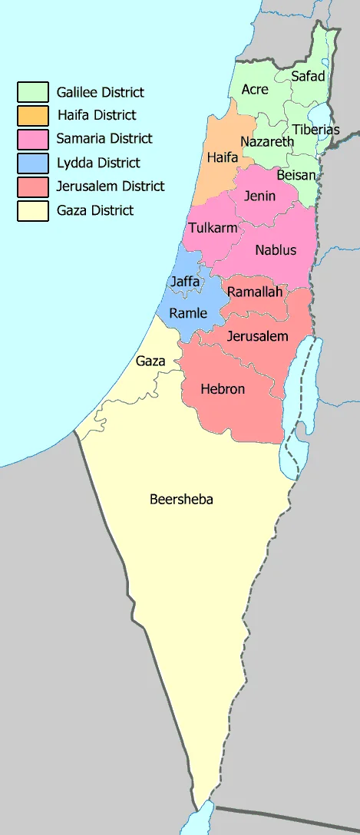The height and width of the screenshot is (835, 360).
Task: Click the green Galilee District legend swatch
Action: [x=33, y=92]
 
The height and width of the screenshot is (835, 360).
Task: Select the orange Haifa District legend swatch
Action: [x=33, y=116]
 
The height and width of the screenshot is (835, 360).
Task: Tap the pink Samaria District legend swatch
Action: [x=33, y=140]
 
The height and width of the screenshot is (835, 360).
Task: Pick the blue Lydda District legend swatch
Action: [x=33, y=163]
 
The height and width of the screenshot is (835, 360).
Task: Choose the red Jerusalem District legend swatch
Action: [x=33, y=186]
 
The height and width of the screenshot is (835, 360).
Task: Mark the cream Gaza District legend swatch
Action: [x=33, y=210]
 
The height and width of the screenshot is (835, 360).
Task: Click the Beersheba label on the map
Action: [x=181, y=500]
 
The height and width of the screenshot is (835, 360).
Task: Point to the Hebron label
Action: [x=223, y=389]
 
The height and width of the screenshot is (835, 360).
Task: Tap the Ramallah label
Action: [x=256, y=292]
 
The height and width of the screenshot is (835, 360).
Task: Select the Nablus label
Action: [x=276, y=250]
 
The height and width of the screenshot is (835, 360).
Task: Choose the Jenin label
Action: [x=260, y=196]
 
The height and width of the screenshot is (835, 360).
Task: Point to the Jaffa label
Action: [x=186, y=282]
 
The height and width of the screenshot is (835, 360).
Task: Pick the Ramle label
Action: [x=188, y=312]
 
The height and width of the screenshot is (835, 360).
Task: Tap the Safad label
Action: [x=308, y=76]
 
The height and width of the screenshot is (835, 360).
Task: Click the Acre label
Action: [x=255, y=89]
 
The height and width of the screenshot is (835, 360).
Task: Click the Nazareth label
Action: [x=267, y=142]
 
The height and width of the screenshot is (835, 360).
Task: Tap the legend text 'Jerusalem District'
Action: [x=111, y=186]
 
